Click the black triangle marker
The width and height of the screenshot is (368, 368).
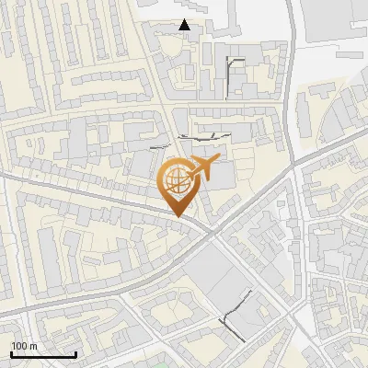coord(186,25)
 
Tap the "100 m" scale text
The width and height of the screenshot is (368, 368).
coord(24,346)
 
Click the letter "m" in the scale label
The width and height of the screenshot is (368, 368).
coord(33,346)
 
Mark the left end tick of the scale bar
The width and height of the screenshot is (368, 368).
coord(11,354)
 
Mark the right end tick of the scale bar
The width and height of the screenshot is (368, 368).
coord(75,354)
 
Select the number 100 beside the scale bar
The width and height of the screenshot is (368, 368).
coord(20,346)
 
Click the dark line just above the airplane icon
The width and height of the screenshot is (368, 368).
coord(202,136)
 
